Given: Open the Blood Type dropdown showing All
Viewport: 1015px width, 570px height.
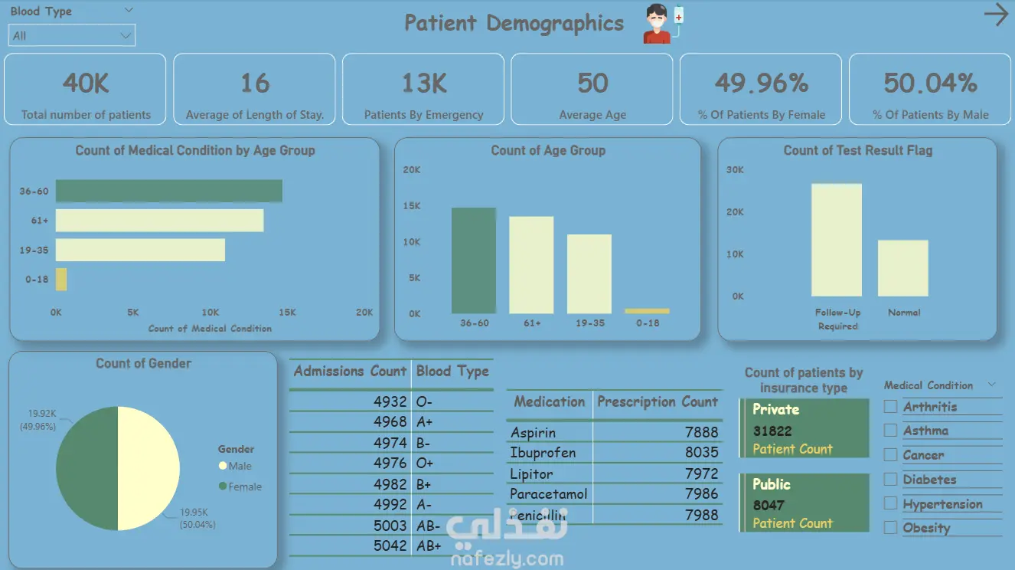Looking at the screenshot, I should [72, 35].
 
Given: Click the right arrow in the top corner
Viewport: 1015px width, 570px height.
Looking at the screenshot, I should [995, 15].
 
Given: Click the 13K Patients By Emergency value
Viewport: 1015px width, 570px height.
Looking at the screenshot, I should [423, 83].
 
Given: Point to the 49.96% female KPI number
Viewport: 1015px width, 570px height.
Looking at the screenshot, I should [761, 83].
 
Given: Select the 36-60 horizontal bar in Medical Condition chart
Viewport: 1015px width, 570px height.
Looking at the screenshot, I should [168, 191].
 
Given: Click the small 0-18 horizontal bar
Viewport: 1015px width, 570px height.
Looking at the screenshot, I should [61, 279].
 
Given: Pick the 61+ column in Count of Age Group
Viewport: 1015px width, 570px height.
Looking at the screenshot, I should [531, 265].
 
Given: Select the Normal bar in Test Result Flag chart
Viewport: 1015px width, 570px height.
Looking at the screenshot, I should [902, 268].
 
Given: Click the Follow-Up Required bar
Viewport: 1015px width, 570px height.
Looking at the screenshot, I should [837, 240].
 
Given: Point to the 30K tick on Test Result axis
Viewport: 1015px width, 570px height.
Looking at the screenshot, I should [735, 170].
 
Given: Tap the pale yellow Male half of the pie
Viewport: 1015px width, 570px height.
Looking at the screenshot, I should [149, 468].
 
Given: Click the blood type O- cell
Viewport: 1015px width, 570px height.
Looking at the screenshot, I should [424, 401].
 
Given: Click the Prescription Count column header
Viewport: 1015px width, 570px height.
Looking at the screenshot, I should [657, 401].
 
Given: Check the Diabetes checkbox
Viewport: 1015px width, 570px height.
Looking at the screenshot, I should [890, 480].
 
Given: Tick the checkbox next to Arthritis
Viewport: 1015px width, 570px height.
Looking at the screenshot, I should [890, 407].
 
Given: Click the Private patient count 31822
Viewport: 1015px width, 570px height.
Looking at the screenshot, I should [772, 431].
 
